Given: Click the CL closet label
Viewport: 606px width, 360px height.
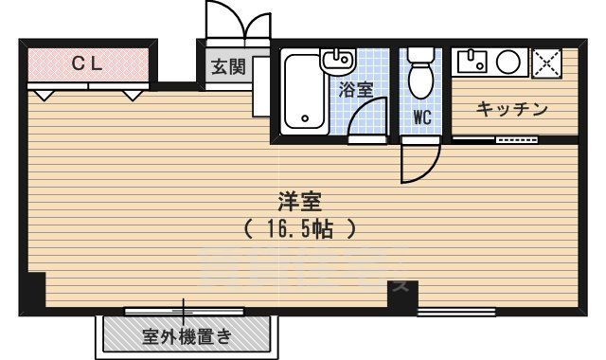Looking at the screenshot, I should tap(89, 63).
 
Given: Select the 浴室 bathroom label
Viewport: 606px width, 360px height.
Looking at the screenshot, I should tap(356, 89).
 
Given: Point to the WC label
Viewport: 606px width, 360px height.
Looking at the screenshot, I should tap(422, 118).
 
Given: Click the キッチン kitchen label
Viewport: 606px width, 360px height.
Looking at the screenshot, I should tap(511, 110).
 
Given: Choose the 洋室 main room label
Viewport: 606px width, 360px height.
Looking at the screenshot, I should tap(300, 201).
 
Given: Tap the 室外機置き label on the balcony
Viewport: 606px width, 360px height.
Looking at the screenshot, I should tap(187, 336).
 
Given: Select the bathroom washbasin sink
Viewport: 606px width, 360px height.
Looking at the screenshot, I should tap(336, 63).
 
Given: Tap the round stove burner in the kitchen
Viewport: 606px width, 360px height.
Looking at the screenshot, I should tap(508, 63).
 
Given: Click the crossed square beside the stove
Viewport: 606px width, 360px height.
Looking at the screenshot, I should tap(546, 63).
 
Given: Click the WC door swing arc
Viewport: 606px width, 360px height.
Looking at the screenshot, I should tap(419, 162).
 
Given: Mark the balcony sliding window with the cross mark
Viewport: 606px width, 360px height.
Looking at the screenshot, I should tap(183, 309).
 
